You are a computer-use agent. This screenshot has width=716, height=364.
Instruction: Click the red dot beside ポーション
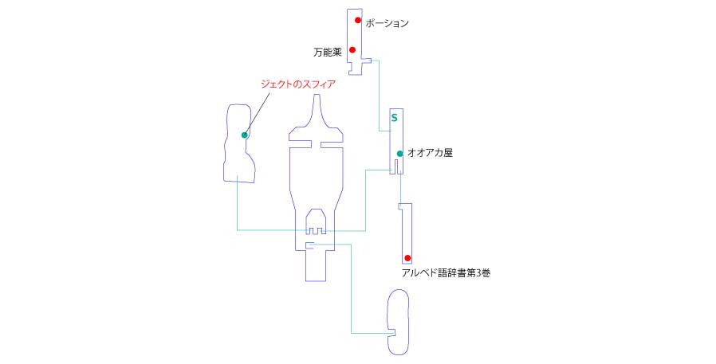[357, 20]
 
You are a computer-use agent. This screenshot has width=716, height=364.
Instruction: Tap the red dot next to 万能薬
[352, 49]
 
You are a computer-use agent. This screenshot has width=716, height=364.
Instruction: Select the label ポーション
[387, 23]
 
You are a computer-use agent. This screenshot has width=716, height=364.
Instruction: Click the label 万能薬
[328, 53]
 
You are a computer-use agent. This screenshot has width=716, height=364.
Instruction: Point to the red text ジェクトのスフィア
[297, 84]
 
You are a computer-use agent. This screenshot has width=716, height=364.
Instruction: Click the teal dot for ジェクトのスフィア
[244, 135]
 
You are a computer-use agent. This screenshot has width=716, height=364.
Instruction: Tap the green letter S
[394, 118]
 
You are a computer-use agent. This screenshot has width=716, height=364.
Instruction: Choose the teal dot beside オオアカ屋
[399, 154]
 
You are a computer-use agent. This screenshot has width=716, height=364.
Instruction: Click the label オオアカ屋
[430, 153]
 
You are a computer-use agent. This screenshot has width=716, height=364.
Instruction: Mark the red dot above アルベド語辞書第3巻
[407, 258]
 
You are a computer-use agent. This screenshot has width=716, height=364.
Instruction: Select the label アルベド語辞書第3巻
[446, 273]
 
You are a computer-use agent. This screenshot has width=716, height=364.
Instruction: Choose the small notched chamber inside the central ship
[316, 221]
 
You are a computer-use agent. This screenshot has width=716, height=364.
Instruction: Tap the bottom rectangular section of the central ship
[316, 265]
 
